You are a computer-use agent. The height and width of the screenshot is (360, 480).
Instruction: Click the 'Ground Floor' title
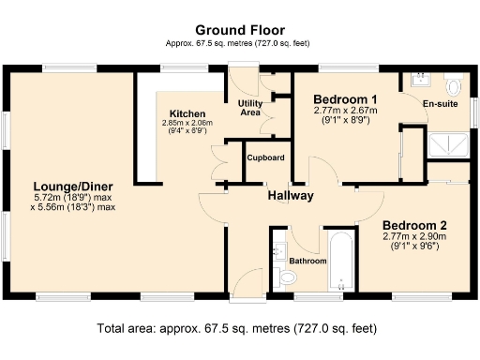[x=240, y=29]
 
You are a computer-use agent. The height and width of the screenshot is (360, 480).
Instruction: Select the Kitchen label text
[x=187, y=111]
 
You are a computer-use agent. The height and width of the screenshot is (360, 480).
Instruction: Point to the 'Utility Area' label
[x=250, y=107]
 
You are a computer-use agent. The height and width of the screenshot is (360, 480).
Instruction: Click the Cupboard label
[x=265, y=157]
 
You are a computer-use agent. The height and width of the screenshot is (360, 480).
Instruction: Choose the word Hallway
[x=290, y=196]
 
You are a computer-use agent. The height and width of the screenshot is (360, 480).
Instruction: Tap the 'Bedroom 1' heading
[x=345, y=99]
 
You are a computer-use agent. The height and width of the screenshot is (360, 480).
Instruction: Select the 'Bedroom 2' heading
[x=414, y=226]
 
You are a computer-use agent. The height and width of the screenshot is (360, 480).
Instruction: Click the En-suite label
[x=441, y=104]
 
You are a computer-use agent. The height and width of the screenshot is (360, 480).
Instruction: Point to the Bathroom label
[x=307, y=261]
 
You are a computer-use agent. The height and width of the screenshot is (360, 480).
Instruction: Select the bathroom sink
[x=279, y=251]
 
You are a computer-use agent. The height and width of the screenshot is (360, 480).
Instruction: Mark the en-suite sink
[x=416, y=81]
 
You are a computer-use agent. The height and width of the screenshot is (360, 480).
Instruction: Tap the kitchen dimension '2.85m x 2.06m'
[x=187, y=122]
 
